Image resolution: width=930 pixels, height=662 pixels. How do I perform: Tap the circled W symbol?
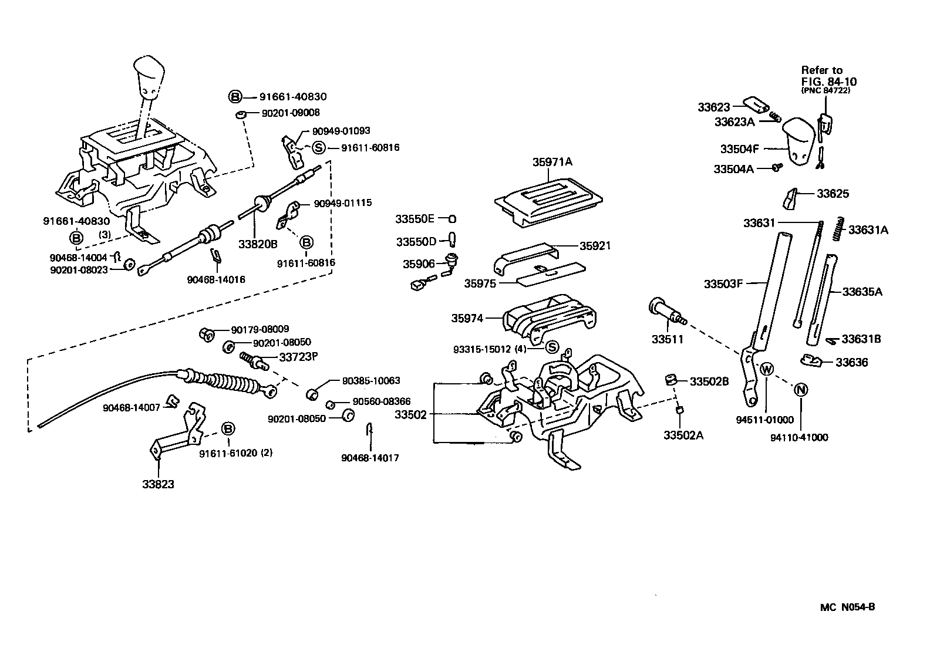(x=767, y=370)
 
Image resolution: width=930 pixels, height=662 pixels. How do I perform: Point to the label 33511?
(x=668, y=339)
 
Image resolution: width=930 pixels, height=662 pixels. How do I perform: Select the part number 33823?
(x=158, y=484)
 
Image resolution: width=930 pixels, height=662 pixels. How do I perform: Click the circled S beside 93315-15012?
(x=552, y=347)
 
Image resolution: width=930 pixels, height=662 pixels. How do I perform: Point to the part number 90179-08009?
(x=260, y=330)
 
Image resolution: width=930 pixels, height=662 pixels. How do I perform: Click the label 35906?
(x=419, y=264)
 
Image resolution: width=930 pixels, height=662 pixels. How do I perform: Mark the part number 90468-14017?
(x=370, y=458)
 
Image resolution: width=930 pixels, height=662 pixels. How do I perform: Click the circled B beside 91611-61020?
(x=228, y=429)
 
